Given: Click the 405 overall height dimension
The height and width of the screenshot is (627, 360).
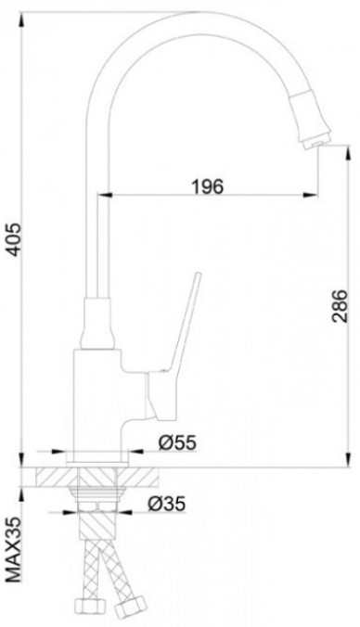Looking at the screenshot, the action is tap(15, 239).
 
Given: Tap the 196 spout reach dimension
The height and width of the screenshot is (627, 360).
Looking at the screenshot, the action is tap(207, 186).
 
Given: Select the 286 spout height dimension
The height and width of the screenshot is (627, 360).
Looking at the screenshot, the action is tap(340, 305).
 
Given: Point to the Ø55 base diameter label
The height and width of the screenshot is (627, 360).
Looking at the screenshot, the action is tap(177, 442).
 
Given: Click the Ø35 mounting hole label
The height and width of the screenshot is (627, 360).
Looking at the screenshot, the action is tap(167, 504).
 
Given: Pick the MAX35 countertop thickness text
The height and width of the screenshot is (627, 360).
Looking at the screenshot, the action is tap(15, 551).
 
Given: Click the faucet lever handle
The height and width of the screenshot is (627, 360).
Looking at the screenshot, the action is tap(176, 348).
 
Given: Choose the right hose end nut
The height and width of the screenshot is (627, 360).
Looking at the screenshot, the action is tap(129, 605).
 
